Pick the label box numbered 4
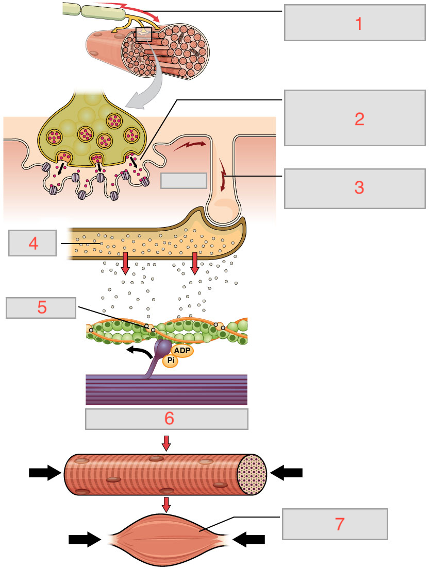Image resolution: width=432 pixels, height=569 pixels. [x=33, y=243]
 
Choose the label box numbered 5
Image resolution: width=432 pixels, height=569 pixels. [x=42, y=307]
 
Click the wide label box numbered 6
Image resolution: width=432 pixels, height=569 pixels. [x=167, y=419]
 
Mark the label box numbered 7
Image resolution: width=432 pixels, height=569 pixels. [x=335, y=524]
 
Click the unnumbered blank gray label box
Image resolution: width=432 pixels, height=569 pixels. [x=184, y=181]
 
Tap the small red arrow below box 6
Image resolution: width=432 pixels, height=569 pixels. [x=166, y=442]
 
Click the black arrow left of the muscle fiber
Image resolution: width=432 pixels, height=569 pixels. [x=45, y=472]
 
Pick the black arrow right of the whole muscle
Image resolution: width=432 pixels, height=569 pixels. [x=249, y=539]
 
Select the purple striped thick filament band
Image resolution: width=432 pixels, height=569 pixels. [x=166, y=390]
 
